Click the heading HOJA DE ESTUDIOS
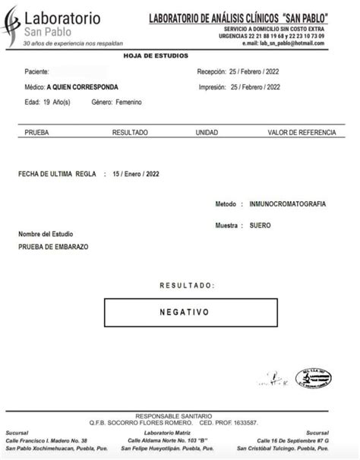pos(156,55)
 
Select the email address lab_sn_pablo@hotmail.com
pos(291,43)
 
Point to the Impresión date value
pos(254,87)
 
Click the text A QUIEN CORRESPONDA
pos(82,87)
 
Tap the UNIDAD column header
pos(207,132)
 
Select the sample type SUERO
pos(260,225)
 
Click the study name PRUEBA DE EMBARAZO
pos(53,247)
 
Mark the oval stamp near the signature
pos(312,379)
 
